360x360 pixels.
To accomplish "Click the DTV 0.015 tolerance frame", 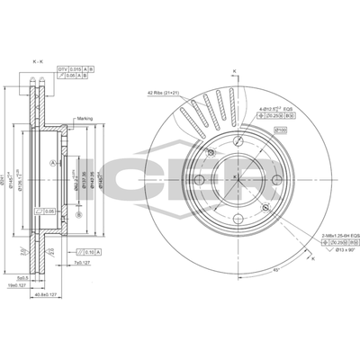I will pyautogui.click(x=76, y=68).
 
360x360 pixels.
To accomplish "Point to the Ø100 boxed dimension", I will pyautogui.click(x=281, y=130).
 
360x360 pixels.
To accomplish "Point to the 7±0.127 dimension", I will pyautogui.click(x=84, y=264).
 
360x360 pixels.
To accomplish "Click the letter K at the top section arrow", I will pyautogui.click(x=233, y=69).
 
